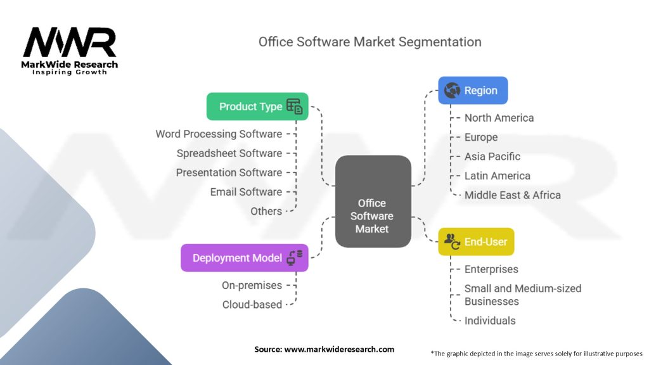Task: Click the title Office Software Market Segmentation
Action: [x=369, y=42]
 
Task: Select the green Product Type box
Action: [x=257, y=106]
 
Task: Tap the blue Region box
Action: [x=473, y=91]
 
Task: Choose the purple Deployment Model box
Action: [x=245, y=258]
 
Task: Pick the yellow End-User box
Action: [x=476, y=242]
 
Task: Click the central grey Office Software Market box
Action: [x=373, y=201]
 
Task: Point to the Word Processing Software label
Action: [x=219, y=134]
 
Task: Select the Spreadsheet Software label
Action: [x=229, y=153]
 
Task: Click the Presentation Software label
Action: [x=229, y=172]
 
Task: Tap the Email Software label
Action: [x=246, y=191]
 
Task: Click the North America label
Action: [x=499, y=118]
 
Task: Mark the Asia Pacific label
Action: [x=492, y=157]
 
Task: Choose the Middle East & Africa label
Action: [x=512, y=195]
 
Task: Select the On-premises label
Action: [x=252, y=285]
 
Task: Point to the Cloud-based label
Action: [x=252, y=305]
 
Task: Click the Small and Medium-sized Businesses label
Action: [x=522, y=295]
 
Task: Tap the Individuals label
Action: [x=490, y=321]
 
